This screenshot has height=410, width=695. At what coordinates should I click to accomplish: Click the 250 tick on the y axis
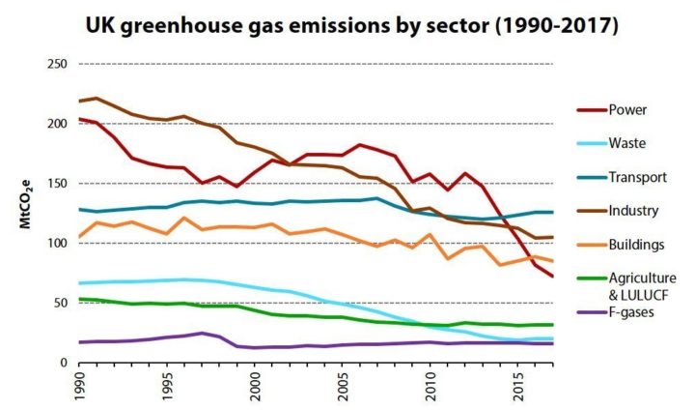point(56,65)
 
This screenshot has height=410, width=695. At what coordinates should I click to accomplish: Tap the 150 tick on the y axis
point(56,184)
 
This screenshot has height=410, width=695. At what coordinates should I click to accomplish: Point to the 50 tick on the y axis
point(60,303)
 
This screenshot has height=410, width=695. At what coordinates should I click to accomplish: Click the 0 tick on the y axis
point(64,363)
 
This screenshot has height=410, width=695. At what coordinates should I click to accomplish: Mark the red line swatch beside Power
point(591,110)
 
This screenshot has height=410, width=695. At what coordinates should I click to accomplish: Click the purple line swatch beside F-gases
point(591,326)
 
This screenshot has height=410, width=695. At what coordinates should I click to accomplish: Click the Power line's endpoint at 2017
point(552,277)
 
